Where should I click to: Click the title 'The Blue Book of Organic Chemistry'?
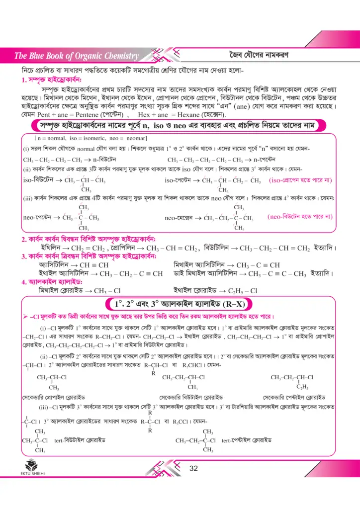[x=77, y=55]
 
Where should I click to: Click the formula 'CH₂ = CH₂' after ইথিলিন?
[x=89, y=247]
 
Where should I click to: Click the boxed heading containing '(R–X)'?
[x=180, y=304]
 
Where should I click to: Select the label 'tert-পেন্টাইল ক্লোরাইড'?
[x=247, y=440]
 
